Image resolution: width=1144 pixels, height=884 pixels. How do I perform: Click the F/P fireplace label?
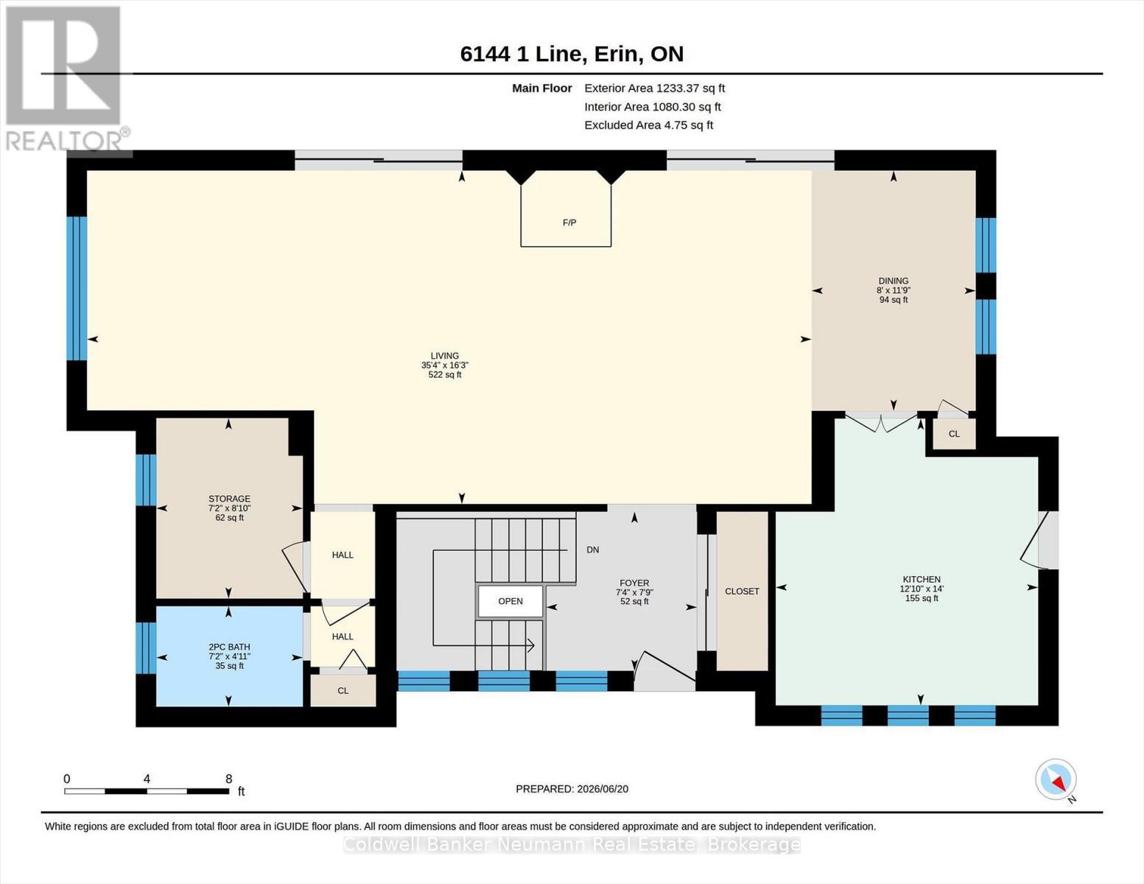click(x=569, y=222)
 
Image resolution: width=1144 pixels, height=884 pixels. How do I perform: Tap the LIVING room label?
click(x=445, y=356)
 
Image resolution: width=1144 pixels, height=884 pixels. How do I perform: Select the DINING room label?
click(x=894, y=281)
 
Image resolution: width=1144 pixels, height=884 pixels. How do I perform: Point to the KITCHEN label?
click(x=922, y=579)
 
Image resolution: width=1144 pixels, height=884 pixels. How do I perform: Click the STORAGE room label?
click(x=230, y=499)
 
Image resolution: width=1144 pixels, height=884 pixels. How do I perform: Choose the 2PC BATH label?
click(x=230, y=647)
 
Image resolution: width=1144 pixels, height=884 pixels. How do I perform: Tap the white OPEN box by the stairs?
click(x=510, y=601)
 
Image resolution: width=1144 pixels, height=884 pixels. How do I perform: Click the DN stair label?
click(x=593, y=550)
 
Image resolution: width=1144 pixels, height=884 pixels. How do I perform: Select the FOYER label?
click(x=634, y=583)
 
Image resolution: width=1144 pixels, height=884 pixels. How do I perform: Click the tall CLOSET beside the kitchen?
click(x=743, y=592)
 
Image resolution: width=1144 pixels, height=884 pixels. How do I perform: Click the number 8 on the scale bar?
click(x=228, y=779)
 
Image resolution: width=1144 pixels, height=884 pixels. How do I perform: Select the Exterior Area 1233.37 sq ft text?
click(x=654, y=88)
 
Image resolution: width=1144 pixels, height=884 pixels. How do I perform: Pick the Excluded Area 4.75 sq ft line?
click(x=648, y=125)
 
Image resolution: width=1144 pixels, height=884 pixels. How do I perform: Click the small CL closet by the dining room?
click(x=954, y=434)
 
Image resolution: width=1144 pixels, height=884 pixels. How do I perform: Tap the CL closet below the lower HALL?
click(x=343, y=690)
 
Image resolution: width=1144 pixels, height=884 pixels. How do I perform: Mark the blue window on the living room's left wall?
click(x=77, y=288)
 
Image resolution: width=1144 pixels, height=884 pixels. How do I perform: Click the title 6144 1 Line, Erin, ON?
click(x=572, y=54)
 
